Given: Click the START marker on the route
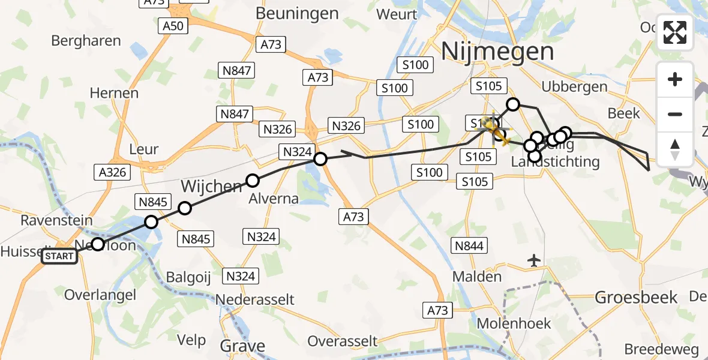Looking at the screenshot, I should (x=59, y=257).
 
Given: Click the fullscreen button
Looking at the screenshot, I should (x=675, y=32).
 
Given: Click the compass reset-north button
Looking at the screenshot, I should (x=675, y=149).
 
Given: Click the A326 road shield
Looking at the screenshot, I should (x=112, y=172).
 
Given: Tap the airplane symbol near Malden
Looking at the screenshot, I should (x=534, y=260).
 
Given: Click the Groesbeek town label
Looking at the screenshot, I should (x=636, y=297).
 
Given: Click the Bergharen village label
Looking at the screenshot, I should (x=86, y=41).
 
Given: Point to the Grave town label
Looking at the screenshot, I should (x=242, y=346).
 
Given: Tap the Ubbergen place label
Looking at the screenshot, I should (x=574, y=87).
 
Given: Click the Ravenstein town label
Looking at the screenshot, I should (x=56, y=220).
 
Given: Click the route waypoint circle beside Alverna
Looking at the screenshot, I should (x=253, y=180).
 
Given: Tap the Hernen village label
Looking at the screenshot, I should (x=114, y=93).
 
